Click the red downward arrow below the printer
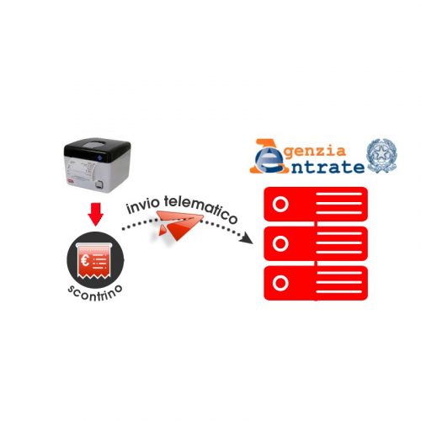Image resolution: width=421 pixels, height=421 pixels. click(x=95, y=214)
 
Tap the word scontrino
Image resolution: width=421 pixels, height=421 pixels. click(x=95, y=293)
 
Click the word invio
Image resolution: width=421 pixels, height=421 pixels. click(x=143, y=205)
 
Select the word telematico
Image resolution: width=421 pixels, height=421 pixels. click(x=200, y=208)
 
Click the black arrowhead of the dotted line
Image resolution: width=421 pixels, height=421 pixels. click(x=247, y=238)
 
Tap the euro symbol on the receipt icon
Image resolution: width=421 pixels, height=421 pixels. click(x=85, y=260)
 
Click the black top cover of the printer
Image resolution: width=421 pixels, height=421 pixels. click(x=97, y=150)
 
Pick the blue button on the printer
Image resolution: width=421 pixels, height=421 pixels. click(x=99, y=157)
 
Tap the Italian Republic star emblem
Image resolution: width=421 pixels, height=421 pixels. click(x=381, y=156)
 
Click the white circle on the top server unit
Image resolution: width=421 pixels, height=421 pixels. click(x=280, y=204)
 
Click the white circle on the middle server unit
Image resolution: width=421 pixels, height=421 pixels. click(x=280, y=243)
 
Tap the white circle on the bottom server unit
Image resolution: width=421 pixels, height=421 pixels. click(x=280, y=283)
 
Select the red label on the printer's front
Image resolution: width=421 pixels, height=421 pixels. click(x=70, y=182)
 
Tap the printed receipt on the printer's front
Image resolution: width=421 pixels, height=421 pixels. click(x=82, y=169)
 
